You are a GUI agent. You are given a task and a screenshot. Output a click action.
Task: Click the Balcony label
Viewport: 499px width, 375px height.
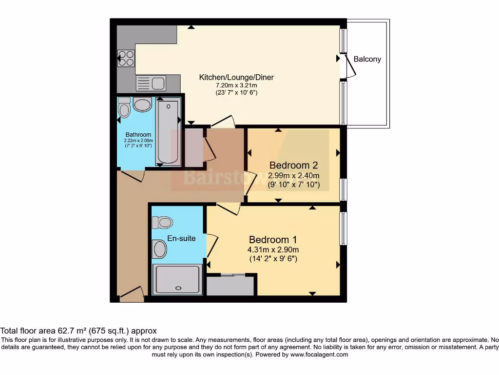click(367, 59)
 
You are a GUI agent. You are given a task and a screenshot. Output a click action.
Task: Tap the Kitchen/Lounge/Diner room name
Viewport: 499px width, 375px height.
click(236, 77)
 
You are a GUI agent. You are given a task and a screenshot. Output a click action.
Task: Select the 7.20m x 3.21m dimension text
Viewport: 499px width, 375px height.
click(236, 85)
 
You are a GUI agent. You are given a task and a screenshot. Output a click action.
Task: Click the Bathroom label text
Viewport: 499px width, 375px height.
click(138, 135)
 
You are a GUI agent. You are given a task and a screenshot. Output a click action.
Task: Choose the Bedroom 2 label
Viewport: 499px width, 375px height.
click(294, 165)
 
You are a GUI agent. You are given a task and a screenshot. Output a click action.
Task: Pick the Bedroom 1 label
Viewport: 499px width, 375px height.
click(273, 240)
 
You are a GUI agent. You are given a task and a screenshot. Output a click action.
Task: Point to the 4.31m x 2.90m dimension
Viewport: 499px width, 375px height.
click(273, 250)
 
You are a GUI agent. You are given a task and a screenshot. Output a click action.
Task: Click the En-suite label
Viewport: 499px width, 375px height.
click(181, 238)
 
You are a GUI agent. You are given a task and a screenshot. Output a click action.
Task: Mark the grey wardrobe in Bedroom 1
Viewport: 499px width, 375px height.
click(230, 286)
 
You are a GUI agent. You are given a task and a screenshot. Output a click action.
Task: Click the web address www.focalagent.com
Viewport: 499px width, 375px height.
click(319, 355)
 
